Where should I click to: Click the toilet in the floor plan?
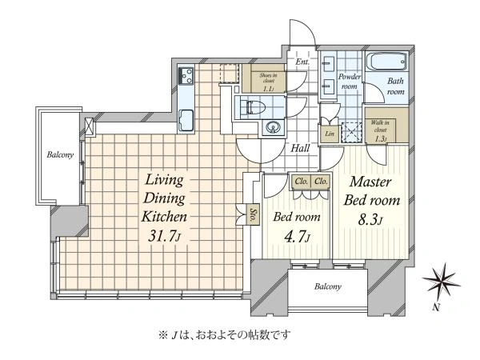click(x=253, y=107)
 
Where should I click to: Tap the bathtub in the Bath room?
click(x=387, y=62)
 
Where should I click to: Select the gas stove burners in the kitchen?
click(x=186, y=76)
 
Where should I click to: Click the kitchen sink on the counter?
click(x=186, y=120)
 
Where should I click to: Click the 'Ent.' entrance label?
click(x=302, y=62)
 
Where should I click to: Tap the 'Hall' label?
click(x=300, y=149)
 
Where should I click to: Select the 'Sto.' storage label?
click(x=253, y=215)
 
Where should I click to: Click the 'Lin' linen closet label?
click(x=330, y=134)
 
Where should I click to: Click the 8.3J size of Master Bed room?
click(x=370, y=219)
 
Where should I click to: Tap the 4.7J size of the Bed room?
click(x=298, y=237)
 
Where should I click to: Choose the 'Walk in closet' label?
click(x=380, y=130)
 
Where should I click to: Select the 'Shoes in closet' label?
click(x=268, y=82)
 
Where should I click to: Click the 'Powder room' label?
click(x=350, y=82)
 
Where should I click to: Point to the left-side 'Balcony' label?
click(x=60, y=154)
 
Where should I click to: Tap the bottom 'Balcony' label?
click(x=327, y=286)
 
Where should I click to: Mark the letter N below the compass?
click(x=437, y=307)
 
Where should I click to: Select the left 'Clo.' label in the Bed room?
click(x=302, y=182)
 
